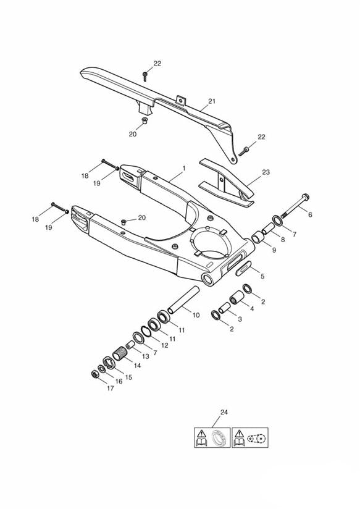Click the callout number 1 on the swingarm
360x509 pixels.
pyautogui.click(x=183, y=169)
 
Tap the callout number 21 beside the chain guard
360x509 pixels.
pyautogui.click(x=212, y=101)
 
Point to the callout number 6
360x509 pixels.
pyautogui.click(x=310, y=214)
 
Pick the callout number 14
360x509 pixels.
pyautogui.click(x=137, y=365)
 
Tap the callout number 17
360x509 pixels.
pyautogui.click(x=110, y=389)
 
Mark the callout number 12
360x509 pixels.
pyautogui.click(x=164, y=345)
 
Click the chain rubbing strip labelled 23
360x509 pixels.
pyautogui.click(x=228, y=185)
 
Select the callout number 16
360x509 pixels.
pyautogui.click(x=119, y=382)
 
